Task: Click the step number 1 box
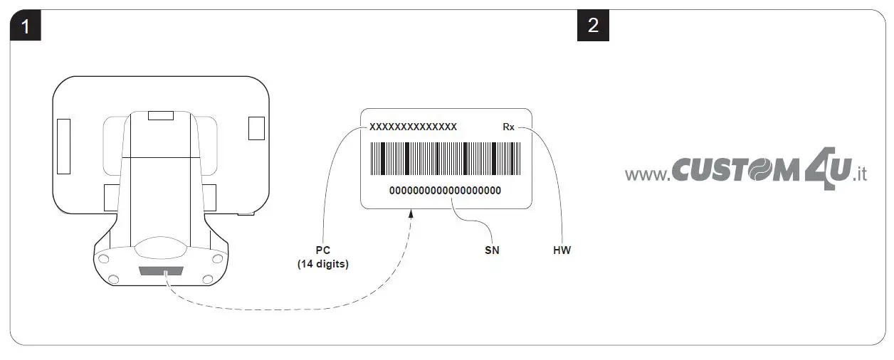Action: (x=25, y=26)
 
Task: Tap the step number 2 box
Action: (x=593, y=26)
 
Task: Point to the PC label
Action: (x=322, y=250)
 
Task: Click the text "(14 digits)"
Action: (x=322, y=264)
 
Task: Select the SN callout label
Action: (x=491, y=250)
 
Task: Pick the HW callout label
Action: (x=562, y=250)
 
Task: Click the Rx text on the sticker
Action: (x=508, y=127)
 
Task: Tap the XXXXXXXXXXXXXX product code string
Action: (x=413, y=127)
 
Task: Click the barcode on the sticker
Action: (x=445, y=159)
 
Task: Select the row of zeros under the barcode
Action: (x=445, y=191)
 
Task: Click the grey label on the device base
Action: (x=162, y=271)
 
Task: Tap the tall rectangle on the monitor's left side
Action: (x=64, y=147)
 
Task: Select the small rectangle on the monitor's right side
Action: (x=256, y=127)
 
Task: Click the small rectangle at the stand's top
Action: (x=161, y=115)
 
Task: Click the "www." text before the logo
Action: (x=647, y=174)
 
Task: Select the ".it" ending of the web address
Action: (x=859, y=174)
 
